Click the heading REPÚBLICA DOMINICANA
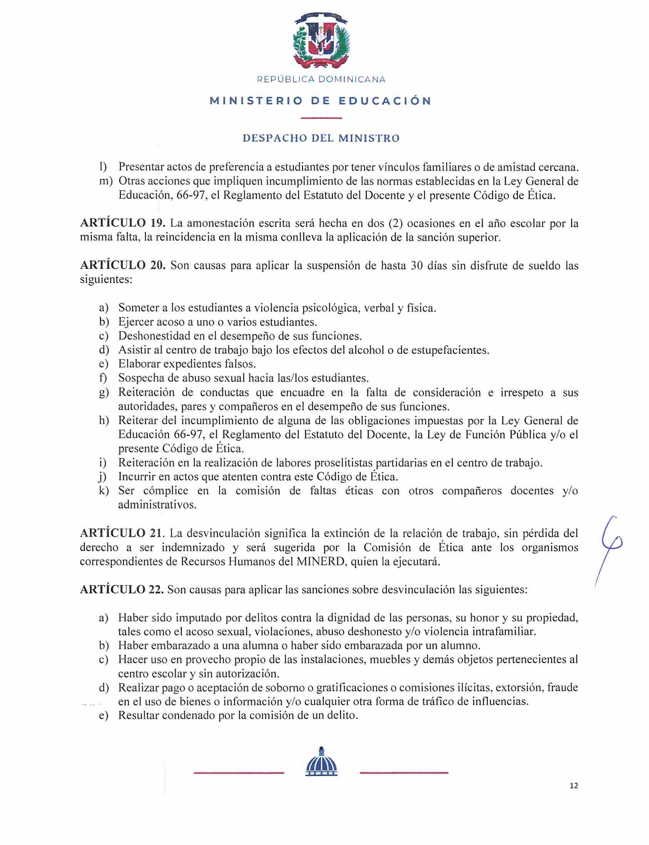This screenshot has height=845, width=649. point(321,80)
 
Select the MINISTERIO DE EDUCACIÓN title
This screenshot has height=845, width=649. point(320,101)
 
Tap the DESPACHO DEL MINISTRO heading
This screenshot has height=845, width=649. point(321,138)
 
